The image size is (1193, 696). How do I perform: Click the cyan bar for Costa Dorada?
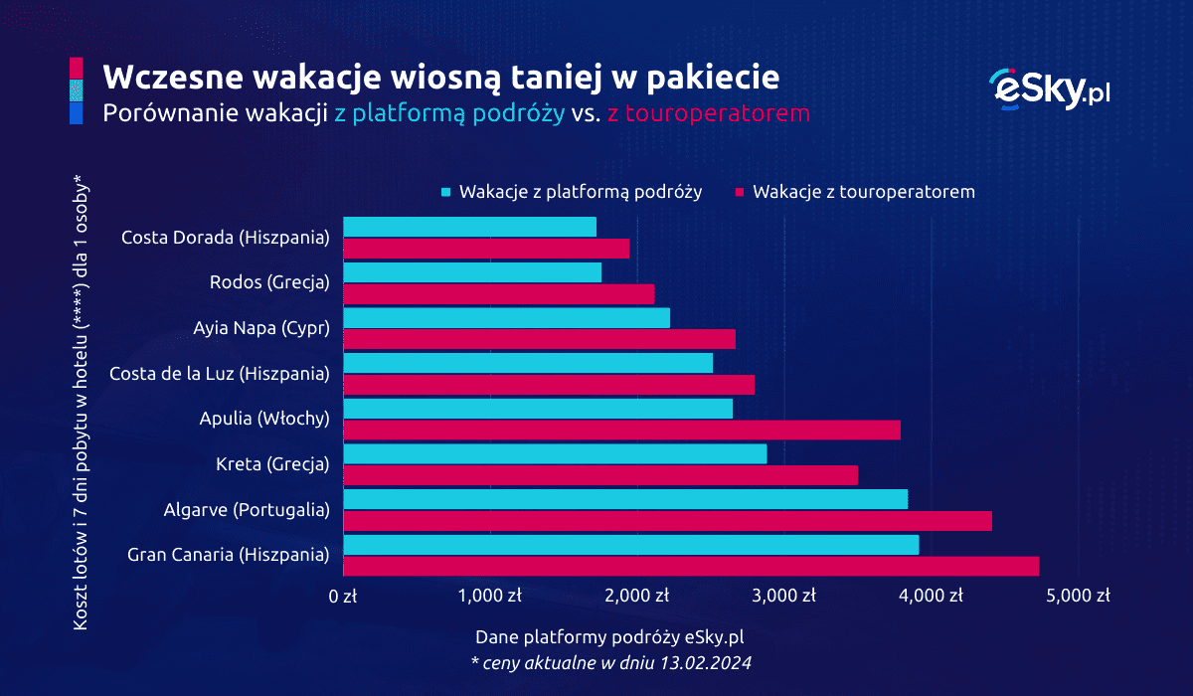[x=469, y=227]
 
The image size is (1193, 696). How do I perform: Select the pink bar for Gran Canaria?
[x=691, y=566]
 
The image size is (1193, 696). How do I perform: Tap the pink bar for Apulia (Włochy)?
[x=621, y=430]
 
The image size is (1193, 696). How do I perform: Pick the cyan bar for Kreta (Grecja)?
[x=555, y=453]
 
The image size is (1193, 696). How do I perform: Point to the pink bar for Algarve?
[x=667, y=521]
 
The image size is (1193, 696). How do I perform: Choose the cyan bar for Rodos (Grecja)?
[x=472, y=272]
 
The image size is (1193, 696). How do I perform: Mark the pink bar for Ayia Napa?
[x=539, y=339]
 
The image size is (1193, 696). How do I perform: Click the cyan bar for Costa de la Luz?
[x=528, y=363]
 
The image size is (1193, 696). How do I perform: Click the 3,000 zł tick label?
[x=781, y=596]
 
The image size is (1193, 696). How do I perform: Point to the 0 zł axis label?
[x=343, y=596]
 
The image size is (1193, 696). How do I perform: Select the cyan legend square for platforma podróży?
[x=446, y=192]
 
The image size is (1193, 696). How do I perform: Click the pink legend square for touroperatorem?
[x=740, y=192]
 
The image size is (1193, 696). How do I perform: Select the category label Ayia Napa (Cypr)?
[x=260, y=328]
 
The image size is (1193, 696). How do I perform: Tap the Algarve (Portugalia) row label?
[x=247, y=510]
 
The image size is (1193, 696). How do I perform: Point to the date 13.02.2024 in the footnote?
[x=713, y=661]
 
